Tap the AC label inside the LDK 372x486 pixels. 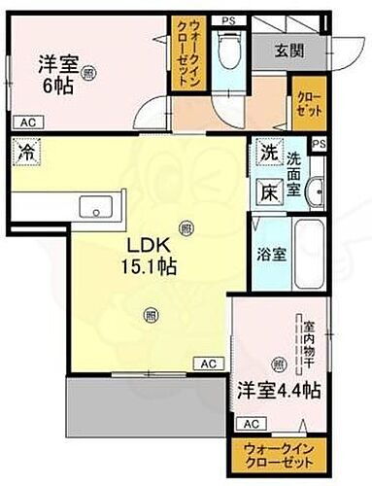tap(207, 364)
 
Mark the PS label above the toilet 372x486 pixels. tap(227, 20)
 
